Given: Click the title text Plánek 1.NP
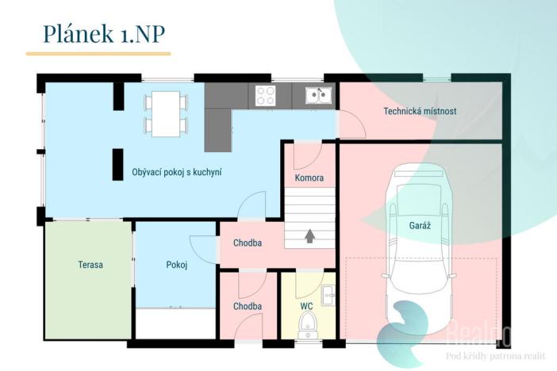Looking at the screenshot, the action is click(104, 34).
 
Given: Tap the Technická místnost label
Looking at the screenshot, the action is click(420, 111).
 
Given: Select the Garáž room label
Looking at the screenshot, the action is click(420, 225).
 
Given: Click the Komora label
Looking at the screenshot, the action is click(309, 178).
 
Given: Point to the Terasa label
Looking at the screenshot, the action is click(90, 265).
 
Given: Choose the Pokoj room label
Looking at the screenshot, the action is click(177, 265).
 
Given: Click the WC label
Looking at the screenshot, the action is click(306, 306).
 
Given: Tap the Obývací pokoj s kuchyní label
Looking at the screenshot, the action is click(177, 173).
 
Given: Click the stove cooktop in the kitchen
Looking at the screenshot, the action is click(266, 95).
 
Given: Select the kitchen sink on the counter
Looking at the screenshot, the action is click(319, 95).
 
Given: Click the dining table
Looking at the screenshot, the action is click(166, 113).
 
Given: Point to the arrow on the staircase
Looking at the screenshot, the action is click(309, 235).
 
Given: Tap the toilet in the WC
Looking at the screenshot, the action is click(306, 325).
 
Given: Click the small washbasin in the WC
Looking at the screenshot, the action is click(328, 295).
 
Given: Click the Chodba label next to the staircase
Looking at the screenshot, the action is click(248, 243).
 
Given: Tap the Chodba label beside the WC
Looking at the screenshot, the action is click(248, 306).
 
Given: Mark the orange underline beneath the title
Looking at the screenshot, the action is click(98, 54).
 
